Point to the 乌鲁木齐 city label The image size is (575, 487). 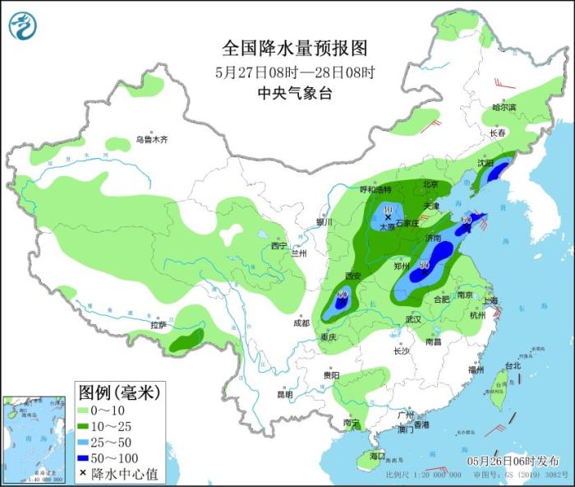152,141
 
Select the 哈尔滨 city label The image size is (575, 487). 504,108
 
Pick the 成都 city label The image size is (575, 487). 301,323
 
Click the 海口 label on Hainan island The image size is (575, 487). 377,455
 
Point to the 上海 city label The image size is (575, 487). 492,301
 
